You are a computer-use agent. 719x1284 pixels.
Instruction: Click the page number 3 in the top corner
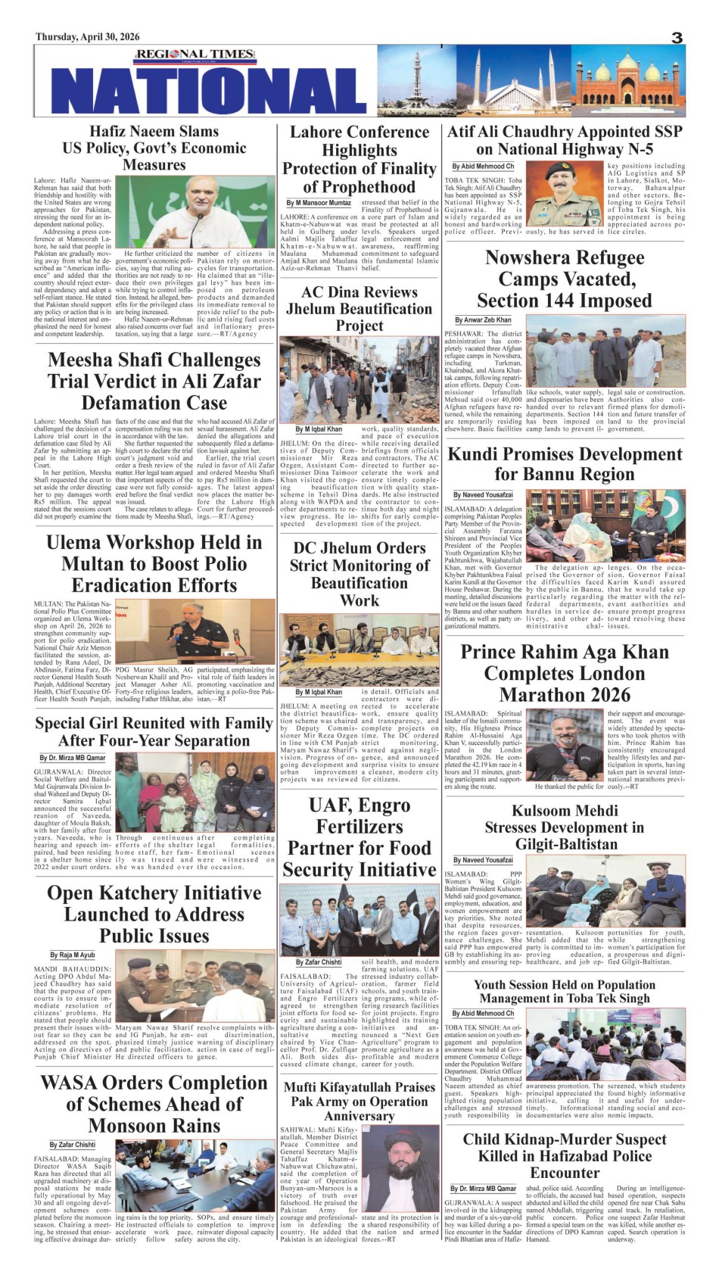point(677,38)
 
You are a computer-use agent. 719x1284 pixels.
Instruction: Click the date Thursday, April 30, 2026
point(88,37)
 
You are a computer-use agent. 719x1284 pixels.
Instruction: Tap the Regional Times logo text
point(185,54)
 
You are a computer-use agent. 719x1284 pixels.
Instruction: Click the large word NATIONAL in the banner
point(211,90)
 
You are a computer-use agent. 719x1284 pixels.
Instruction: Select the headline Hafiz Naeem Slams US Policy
point(154,148)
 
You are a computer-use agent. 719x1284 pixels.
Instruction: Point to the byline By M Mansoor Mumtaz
point(319,203)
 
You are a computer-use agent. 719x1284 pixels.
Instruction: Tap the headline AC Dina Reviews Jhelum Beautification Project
point(359,309)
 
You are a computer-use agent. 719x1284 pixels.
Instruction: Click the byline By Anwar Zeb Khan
point(483,320)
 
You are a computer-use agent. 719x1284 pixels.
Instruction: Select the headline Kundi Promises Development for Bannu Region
point(565,464)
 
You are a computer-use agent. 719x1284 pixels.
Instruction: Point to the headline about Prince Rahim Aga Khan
point(565,673)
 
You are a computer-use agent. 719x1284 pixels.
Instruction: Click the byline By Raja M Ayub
point(73,955)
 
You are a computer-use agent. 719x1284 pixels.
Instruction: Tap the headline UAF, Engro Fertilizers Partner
point(359,837)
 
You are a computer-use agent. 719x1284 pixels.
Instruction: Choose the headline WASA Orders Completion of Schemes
point(154,1104)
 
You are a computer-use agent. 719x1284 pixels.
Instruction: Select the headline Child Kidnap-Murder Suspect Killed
point(565,1155)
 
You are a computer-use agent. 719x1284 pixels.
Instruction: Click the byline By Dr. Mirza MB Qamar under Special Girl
point(73,758)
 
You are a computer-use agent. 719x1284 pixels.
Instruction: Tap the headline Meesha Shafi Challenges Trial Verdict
point(154,381)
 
